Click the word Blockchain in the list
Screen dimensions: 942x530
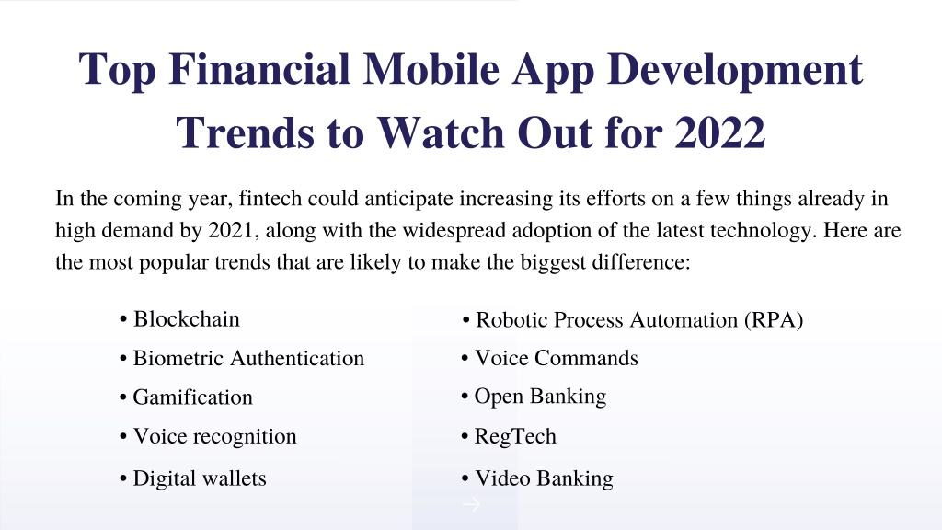pos(186,319)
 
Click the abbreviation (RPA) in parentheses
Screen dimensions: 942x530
pos(774,320)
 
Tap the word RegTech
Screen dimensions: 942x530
pos(515,436)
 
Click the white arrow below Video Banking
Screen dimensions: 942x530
pos(472,504)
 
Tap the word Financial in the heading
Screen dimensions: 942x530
pos(258,68)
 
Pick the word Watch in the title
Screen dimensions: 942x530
pos(441,132)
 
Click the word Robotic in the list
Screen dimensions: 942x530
pos(511,320)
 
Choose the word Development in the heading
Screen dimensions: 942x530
pos(735,70)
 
